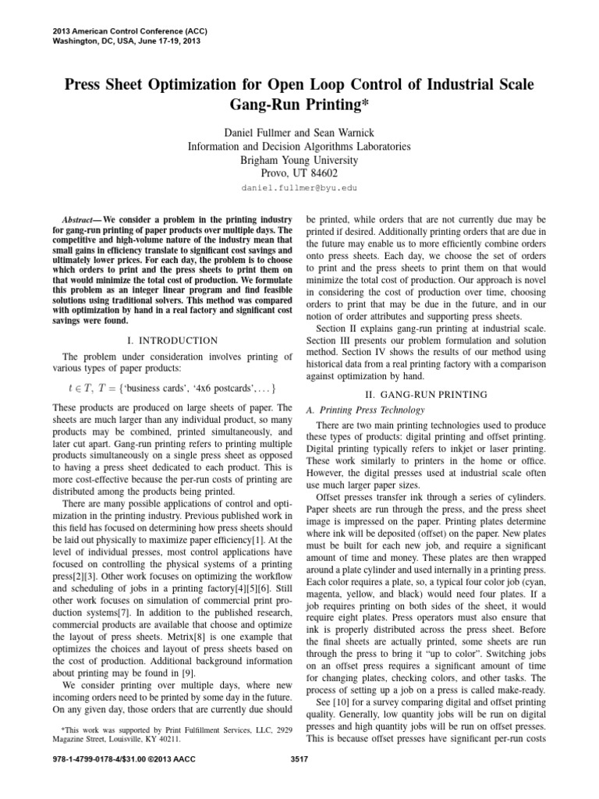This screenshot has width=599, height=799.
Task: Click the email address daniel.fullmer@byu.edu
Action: (299, 188)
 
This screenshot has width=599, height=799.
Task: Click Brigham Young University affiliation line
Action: (299, 159)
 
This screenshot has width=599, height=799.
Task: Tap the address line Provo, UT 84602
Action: (299, 173)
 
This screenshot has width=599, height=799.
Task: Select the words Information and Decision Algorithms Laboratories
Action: (299, 145)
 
